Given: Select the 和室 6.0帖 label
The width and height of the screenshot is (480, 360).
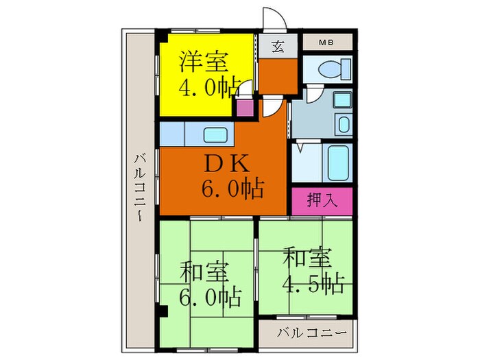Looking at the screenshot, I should tap(210, 284).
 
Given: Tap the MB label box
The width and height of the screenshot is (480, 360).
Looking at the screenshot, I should tap(327, 43).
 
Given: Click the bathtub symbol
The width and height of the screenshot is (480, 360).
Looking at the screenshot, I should tap(337, 162).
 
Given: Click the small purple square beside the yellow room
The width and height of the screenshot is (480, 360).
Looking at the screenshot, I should tap(243, 107).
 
